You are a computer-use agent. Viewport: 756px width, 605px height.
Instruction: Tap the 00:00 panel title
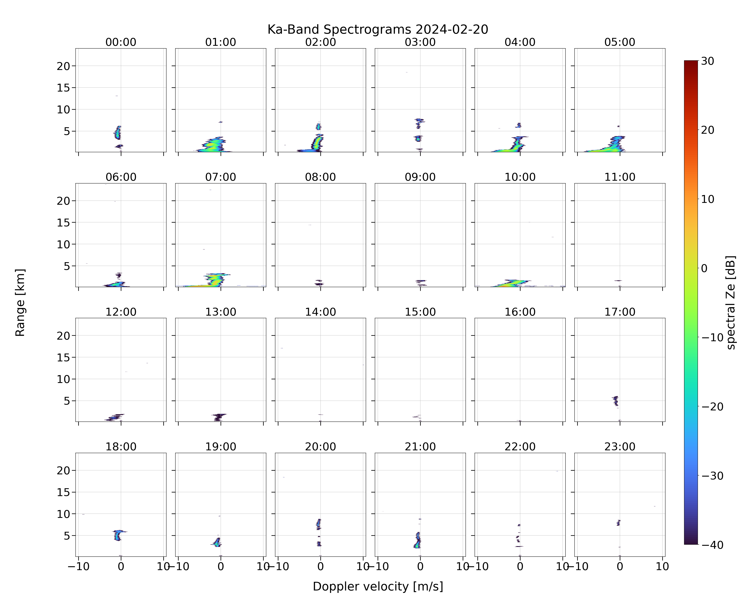pyautogui.click(x=121, y=42)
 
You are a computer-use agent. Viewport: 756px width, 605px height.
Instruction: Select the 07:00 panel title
pyautogui.click(x=221, y=177)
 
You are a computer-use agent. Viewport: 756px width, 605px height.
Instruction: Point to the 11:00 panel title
pyautogui.click(x=620, y=177)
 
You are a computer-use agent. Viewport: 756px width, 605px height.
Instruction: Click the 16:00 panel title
pyautogui.click(x=520, y=312)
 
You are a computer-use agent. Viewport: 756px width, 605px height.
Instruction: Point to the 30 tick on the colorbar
pyautogui.click(x=708, y=61)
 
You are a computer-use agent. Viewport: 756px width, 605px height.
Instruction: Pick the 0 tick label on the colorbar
pyautogui.click(x=704, y=268)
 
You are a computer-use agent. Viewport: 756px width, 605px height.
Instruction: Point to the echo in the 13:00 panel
pyautogui.click(x=219, y=417)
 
